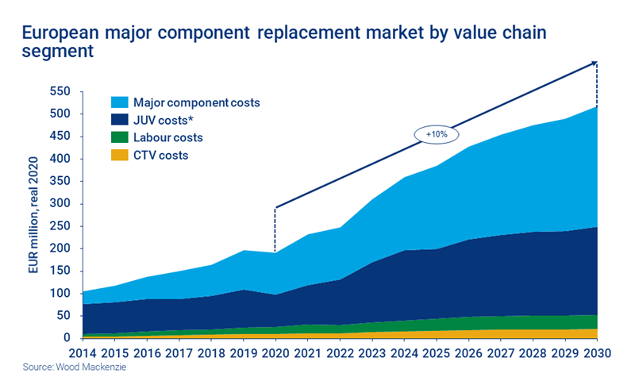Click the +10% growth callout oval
pyautogui.click(x=437, y=134)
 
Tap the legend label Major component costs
pyautogui.click(x=196, y=103)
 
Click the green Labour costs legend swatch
pyautogui.click(x=118, y=138)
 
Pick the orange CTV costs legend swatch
pyautogui.click(x=118, y=156)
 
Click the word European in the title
pyautogui.click(x=61, y=33)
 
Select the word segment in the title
pyautogui.click(x=59, y=52)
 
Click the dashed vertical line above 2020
pyautogui.click(x=275, y=230)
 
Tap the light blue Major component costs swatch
pyautogui.click(x=118, y=103)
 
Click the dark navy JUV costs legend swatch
pyautogui.click(x=118, y=121)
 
